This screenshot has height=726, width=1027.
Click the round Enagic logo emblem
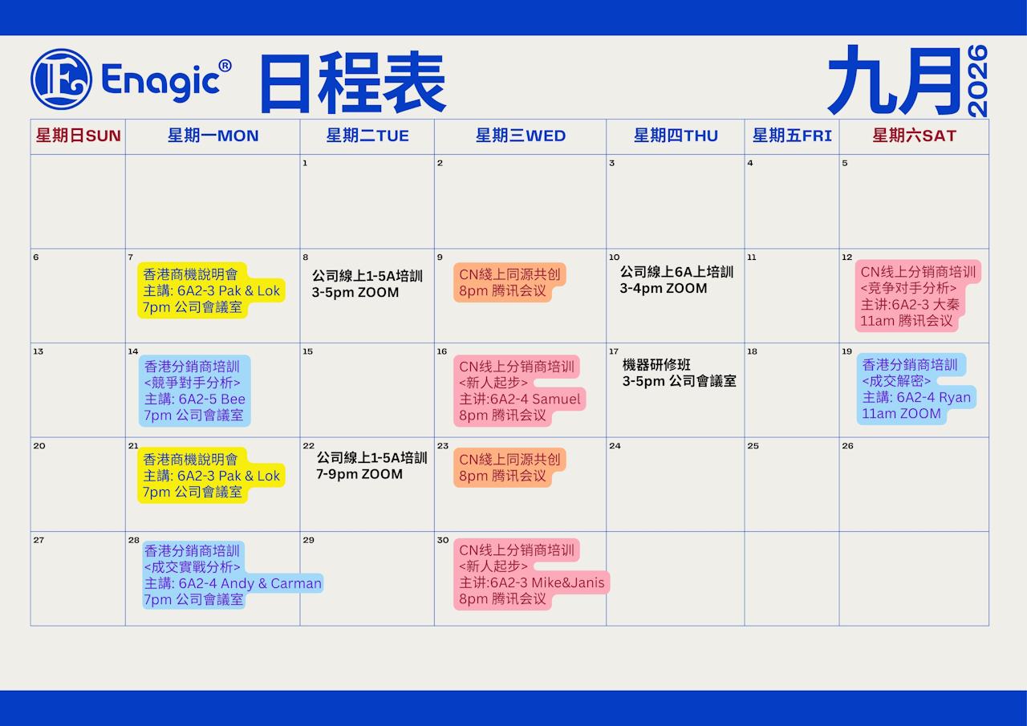(x=61, y=79)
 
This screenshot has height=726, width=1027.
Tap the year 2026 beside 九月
(x=977, y=81)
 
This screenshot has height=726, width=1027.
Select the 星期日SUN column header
(x=79, y=136)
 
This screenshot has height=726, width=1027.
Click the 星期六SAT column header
(x=914, y=136)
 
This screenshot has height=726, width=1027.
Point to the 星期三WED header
(x=521, y=136)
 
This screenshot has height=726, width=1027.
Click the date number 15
(x=307, y=351)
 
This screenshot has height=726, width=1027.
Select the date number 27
(x=39, y=540)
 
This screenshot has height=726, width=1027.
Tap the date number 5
(x=845, y=163)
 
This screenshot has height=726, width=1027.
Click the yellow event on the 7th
(x=211, y=290)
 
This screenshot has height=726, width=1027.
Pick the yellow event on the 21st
(x=211, y=475)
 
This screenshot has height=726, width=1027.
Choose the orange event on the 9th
(x=509, y=282)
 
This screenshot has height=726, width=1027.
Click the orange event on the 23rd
(x=509, y=468)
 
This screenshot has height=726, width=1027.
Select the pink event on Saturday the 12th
(x=918, y=296)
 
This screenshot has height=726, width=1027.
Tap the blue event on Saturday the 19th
(x=916, y=389)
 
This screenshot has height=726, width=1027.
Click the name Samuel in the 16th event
(x=556, y=400)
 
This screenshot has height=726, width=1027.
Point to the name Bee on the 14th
(x=233, y=400)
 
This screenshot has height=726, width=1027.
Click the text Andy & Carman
(x=271, y=583)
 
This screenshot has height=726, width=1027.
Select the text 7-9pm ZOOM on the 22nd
(x=359, y=474)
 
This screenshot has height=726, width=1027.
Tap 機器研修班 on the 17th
(x=656, y=365)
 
